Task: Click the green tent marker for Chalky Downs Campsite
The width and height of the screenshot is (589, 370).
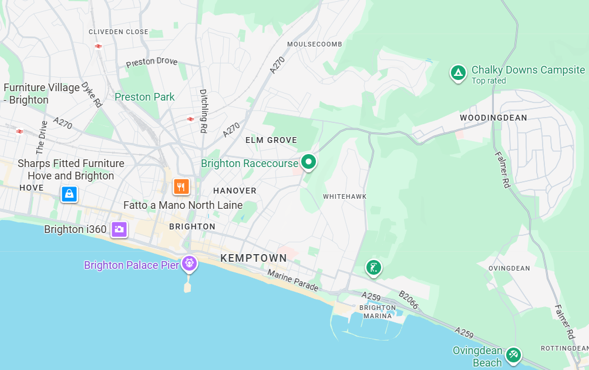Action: click(x=457, y=73)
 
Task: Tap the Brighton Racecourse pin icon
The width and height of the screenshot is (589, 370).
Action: click(x=308, y=161)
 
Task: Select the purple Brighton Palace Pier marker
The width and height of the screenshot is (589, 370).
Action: click(x=189, y=263)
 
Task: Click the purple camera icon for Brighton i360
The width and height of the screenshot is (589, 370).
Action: click(x=119, y=229)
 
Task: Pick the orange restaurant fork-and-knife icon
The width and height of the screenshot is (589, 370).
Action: click(x=181, y=186)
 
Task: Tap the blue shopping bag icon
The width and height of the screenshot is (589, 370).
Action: click(x=69, y=194)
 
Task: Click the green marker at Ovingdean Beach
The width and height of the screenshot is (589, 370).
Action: click(x=513, y=354)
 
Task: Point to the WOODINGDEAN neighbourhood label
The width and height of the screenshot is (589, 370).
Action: click(x=493, y=118)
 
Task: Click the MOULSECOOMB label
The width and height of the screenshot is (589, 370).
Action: click(x=314, y=44)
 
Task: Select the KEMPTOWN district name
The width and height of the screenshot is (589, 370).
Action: click(x=254, y=258)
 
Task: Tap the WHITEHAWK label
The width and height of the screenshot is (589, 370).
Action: click(x=344, y=196)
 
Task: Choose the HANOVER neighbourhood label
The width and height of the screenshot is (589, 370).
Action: click(x=235, y=191)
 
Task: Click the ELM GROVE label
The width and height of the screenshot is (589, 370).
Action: click(x=271, y=140)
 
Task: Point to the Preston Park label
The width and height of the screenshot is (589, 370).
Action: click(x=144, y=97)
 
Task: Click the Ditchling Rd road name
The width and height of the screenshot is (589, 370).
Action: click(x=204, y=111)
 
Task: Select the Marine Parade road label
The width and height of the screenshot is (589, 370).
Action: click(x=292, y=281)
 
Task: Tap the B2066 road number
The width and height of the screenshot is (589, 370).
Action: click(x=408, y=300)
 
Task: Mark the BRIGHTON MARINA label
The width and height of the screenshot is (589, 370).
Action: click(x=378, y=312)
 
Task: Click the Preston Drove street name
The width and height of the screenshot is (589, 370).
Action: click(x=152, y=61)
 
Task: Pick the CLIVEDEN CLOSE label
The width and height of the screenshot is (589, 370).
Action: click(x=119, y=32)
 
